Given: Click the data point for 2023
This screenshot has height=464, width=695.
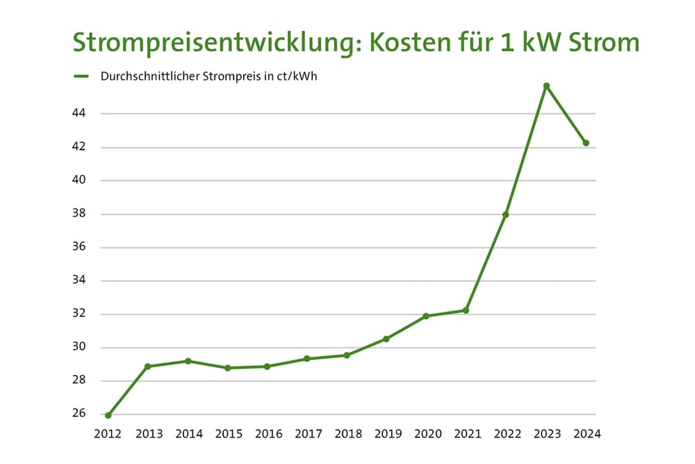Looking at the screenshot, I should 547,86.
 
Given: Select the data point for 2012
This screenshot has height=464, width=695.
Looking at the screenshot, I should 108,415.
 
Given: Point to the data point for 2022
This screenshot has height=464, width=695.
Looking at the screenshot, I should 506,215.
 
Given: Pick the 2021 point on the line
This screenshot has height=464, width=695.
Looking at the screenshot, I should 466,310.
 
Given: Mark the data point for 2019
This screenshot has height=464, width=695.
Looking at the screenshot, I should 386,339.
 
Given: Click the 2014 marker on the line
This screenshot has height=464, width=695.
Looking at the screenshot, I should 188,361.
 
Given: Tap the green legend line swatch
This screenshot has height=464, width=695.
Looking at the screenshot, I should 81,76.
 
